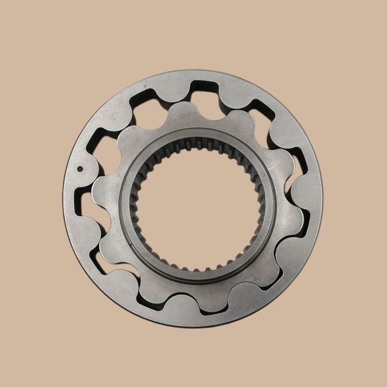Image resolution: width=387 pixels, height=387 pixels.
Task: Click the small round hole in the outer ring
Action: point(80,170)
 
